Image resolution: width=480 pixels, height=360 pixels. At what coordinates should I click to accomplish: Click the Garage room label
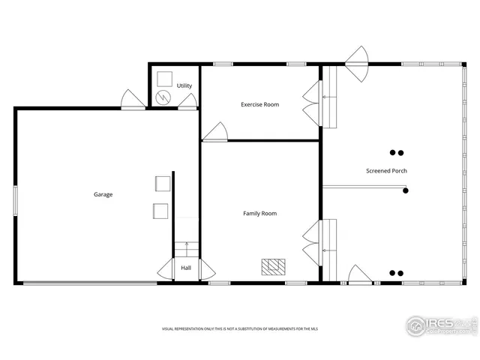click(103, 194)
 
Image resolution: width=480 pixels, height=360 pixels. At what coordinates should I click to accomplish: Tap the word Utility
click(184, 85)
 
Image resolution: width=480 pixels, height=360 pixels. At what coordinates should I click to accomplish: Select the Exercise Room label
click(259, 104)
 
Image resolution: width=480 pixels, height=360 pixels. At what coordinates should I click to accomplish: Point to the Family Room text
click(259, 214)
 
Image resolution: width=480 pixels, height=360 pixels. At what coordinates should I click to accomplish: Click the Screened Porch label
click(386, 171)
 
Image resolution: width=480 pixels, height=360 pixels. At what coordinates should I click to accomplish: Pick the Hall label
click(186, 268)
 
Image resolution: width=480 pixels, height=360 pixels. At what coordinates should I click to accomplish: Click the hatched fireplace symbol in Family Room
click(272, 265)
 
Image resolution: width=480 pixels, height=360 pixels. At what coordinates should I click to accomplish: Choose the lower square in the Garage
click(160, 211)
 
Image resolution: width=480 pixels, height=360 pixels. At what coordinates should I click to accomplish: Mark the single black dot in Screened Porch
click(406, 191)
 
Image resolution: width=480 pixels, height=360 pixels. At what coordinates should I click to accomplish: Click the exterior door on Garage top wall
click(133, 99)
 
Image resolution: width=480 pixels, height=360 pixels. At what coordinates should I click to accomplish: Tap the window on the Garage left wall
click(14, 201)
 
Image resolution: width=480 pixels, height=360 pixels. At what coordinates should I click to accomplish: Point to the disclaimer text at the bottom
click(239, 329)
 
